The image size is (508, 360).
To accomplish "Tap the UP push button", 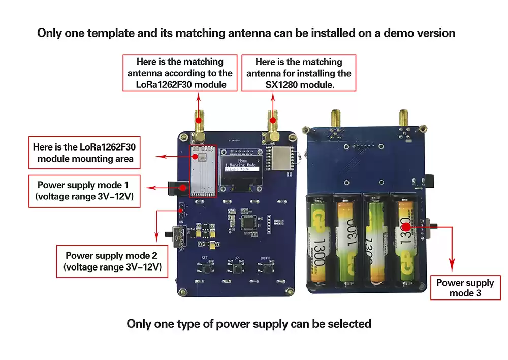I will [x=237, y=269].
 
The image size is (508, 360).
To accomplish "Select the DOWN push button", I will [x=266, y=269].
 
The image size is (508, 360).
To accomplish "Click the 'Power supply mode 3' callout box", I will [x=465, y=288].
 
